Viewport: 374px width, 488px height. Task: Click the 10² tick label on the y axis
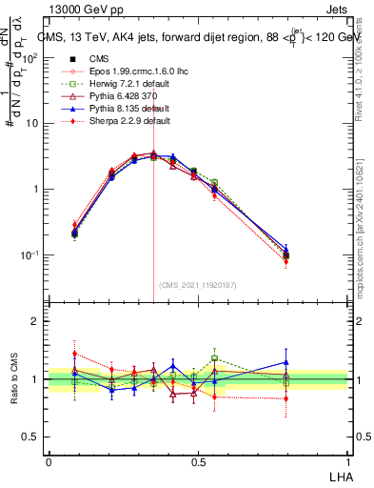(x=29, y=58)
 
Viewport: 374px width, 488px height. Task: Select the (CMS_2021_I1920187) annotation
(x=196, y=285)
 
